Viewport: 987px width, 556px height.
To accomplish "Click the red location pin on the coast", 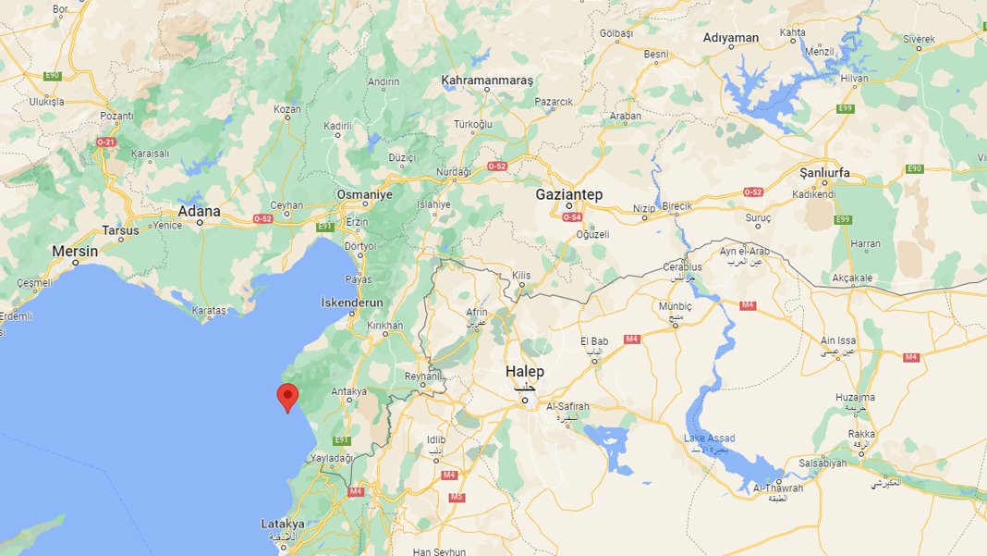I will tap(288, 396).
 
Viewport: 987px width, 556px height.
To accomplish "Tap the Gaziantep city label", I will tap(569, 194).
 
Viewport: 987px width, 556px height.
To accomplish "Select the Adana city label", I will tap(200, 211).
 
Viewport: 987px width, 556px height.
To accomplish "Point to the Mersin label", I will tap(75, 250).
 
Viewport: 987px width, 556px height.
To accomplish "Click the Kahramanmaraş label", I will tap(487, 80).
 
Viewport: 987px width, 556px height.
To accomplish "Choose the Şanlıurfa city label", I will tap(824, 173).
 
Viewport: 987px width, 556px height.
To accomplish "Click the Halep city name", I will tap(524, 371).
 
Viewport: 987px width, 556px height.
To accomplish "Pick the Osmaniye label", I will tap(365, 194).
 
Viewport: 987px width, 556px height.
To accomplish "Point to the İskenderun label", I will tap(351, 303).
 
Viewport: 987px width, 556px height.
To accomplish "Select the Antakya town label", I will tap(349, 391).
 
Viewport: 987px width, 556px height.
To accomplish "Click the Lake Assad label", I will tap(710, 438).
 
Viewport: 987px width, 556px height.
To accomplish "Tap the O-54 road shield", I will tap(572, 216).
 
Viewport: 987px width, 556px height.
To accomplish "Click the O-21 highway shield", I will tap(106, 142).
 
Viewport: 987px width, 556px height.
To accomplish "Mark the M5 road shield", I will tap(457, 498).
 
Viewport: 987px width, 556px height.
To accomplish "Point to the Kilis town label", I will tap(522, 276).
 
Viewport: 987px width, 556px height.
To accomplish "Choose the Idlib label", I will tap(436, 439).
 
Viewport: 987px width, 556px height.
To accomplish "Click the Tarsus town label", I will tap(122, 230).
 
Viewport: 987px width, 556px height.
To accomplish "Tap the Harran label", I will tap(866, 244).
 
